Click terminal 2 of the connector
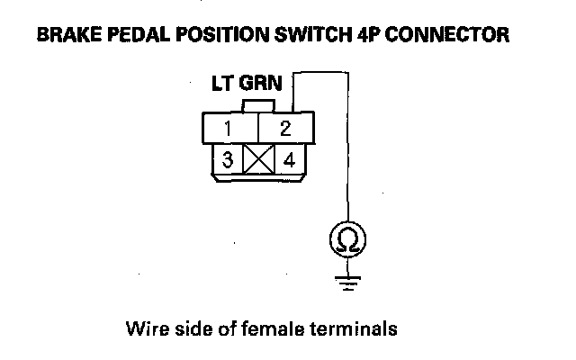pos(285,129)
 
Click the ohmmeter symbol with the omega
pos(346,239)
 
